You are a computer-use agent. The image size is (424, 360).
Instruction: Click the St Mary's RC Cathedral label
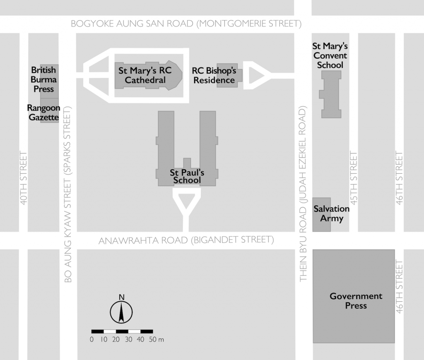click(145, 75)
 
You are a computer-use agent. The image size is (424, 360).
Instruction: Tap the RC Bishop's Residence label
click(214, 75)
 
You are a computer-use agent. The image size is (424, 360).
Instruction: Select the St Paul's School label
click(187, 176)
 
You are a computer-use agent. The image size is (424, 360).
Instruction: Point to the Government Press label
click(356, 300)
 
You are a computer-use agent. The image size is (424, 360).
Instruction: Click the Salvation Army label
click(332, 214)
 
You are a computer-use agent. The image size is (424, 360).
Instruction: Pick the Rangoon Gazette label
click(43, 113)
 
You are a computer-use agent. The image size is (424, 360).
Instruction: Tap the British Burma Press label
click(43, 79)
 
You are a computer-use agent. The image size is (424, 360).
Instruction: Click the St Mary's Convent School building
click(330, 94)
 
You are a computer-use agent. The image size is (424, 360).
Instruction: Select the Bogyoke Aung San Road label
click(186, 24)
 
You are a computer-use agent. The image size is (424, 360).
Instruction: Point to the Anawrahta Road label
click(186, 240)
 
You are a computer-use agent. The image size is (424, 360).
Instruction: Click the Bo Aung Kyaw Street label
click(67, 195)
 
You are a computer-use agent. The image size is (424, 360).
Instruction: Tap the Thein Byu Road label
click(303, 194)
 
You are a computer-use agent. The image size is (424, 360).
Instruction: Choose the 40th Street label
click(24, 178)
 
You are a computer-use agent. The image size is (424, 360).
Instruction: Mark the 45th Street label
click(354, 178)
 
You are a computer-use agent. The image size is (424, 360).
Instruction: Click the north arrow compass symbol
click(121, 312)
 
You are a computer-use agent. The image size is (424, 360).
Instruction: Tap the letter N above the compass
click(122, 297)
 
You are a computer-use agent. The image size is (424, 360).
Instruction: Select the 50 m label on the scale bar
click(156, 339)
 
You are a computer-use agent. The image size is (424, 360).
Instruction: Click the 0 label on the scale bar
click(92, 339)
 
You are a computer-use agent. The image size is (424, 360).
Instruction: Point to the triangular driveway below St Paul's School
click(186, 205)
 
